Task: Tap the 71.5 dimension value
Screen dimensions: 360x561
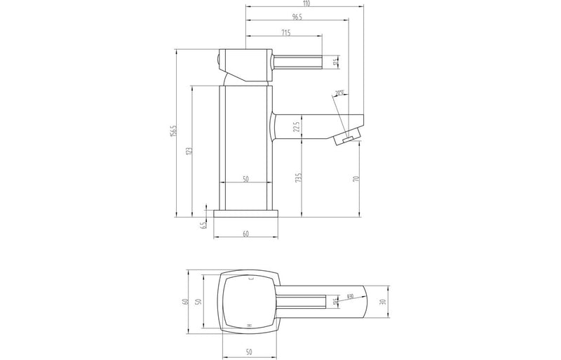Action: [286, 32]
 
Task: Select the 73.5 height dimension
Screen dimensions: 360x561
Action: [297, 179]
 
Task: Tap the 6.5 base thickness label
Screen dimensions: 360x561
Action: [204, 225]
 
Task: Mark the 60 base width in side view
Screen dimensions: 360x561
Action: [246, 234]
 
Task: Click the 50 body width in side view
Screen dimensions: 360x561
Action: [246, 179]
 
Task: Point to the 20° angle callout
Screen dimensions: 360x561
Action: [340, 93]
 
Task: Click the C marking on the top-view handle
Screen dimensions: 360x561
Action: [251, 278]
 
